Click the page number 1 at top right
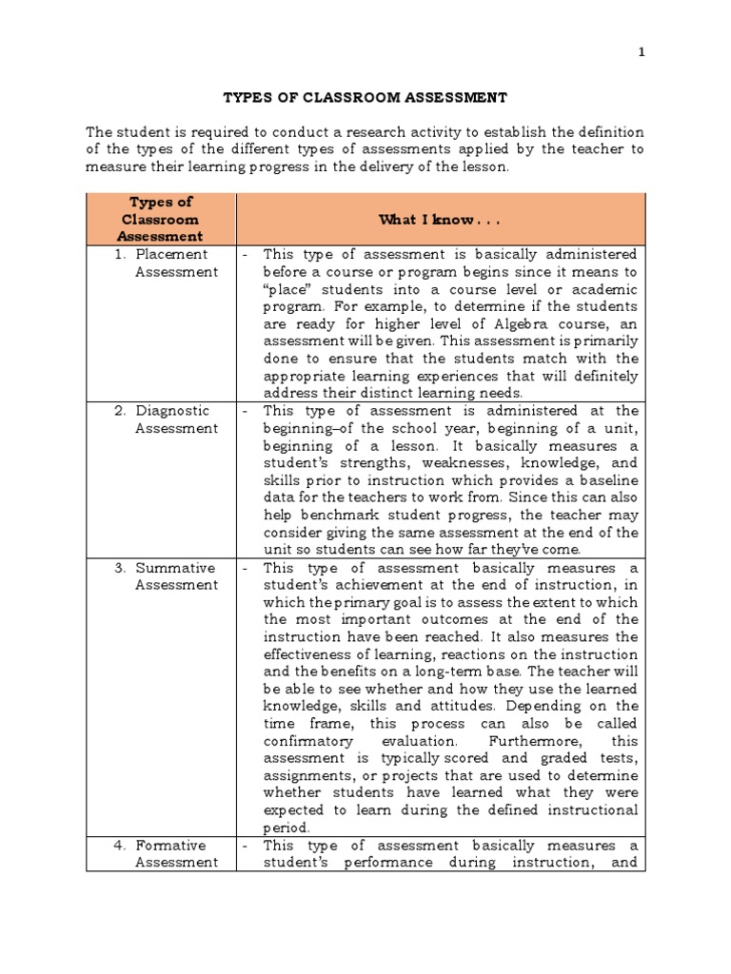click(642, 52)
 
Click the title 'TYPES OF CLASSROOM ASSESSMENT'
click(365, 97)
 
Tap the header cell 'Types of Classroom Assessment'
click(161, 220)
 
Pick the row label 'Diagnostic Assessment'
click(171, 419)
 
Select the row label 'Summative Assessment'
click(174, 576)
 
